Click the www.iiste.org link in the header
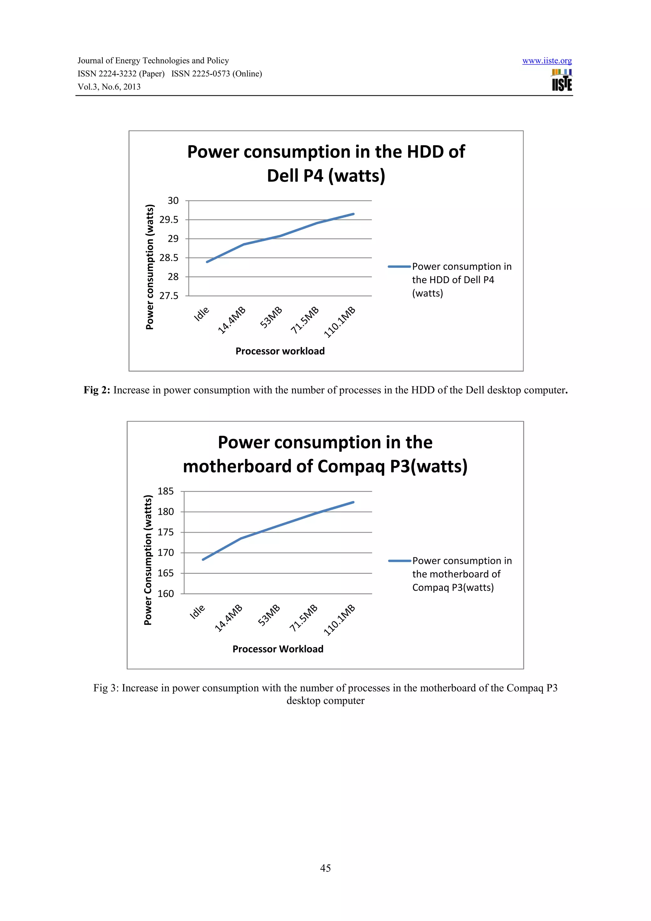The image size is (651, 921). (547, 61)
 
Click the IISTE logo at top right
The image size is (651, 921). (562, 80)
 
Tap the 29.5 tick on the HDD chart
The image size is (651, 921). (169, 220)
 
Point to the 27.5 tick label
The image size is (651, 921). (169, 296)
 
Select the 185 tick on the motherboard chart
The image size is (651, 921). (166, 491)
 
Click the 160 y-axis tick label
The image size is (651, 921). (166, 594)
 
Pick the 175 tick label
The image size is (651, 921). (166, 532)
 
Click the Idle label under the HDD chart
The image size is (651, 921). (201, 314)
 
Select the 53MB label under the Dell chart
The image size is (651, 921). (271, 317)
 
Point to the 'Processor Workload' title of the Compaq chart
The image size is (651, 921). (278, 649)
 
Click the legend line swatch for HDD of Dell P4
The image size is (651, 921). (399, 267)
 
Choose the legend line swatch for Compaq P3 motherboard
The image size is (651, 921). (400, 561)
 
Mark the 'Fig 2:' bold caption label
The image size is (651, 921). (97, 390)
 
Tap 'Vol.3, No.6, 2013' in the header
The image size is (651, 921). (109, 87)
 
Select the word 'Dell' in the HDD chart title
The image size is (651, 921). (283, 176)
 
